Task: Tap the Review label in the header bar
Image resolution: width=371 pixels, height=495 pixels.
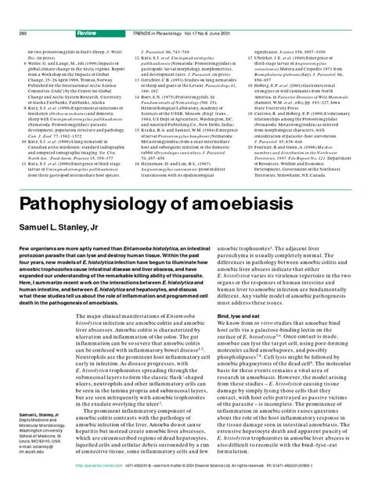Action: click(88, 12)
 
